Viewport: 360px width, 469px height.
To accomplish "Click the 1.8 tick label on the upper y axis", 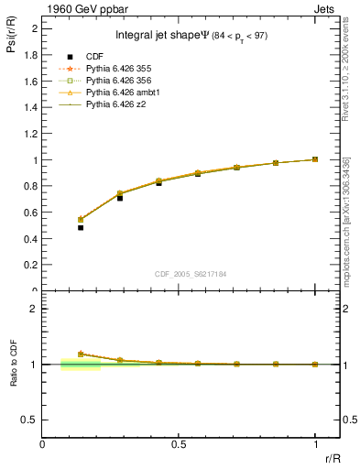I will coord(30,55).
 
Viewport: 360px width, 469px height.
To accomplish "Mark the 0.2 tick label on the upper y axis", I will coord(30,265).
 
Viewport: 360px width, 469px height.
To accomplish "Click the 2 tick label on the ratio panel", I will coord(33,309).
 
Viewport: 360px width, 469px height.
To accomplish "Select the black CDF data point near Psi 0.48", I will coord(81,227).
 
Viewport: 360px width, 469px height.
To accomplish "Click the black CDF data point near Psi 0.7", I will coord(120,198).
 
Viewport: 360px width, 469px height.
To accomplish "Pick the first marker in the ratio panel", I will coord(81,354).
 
